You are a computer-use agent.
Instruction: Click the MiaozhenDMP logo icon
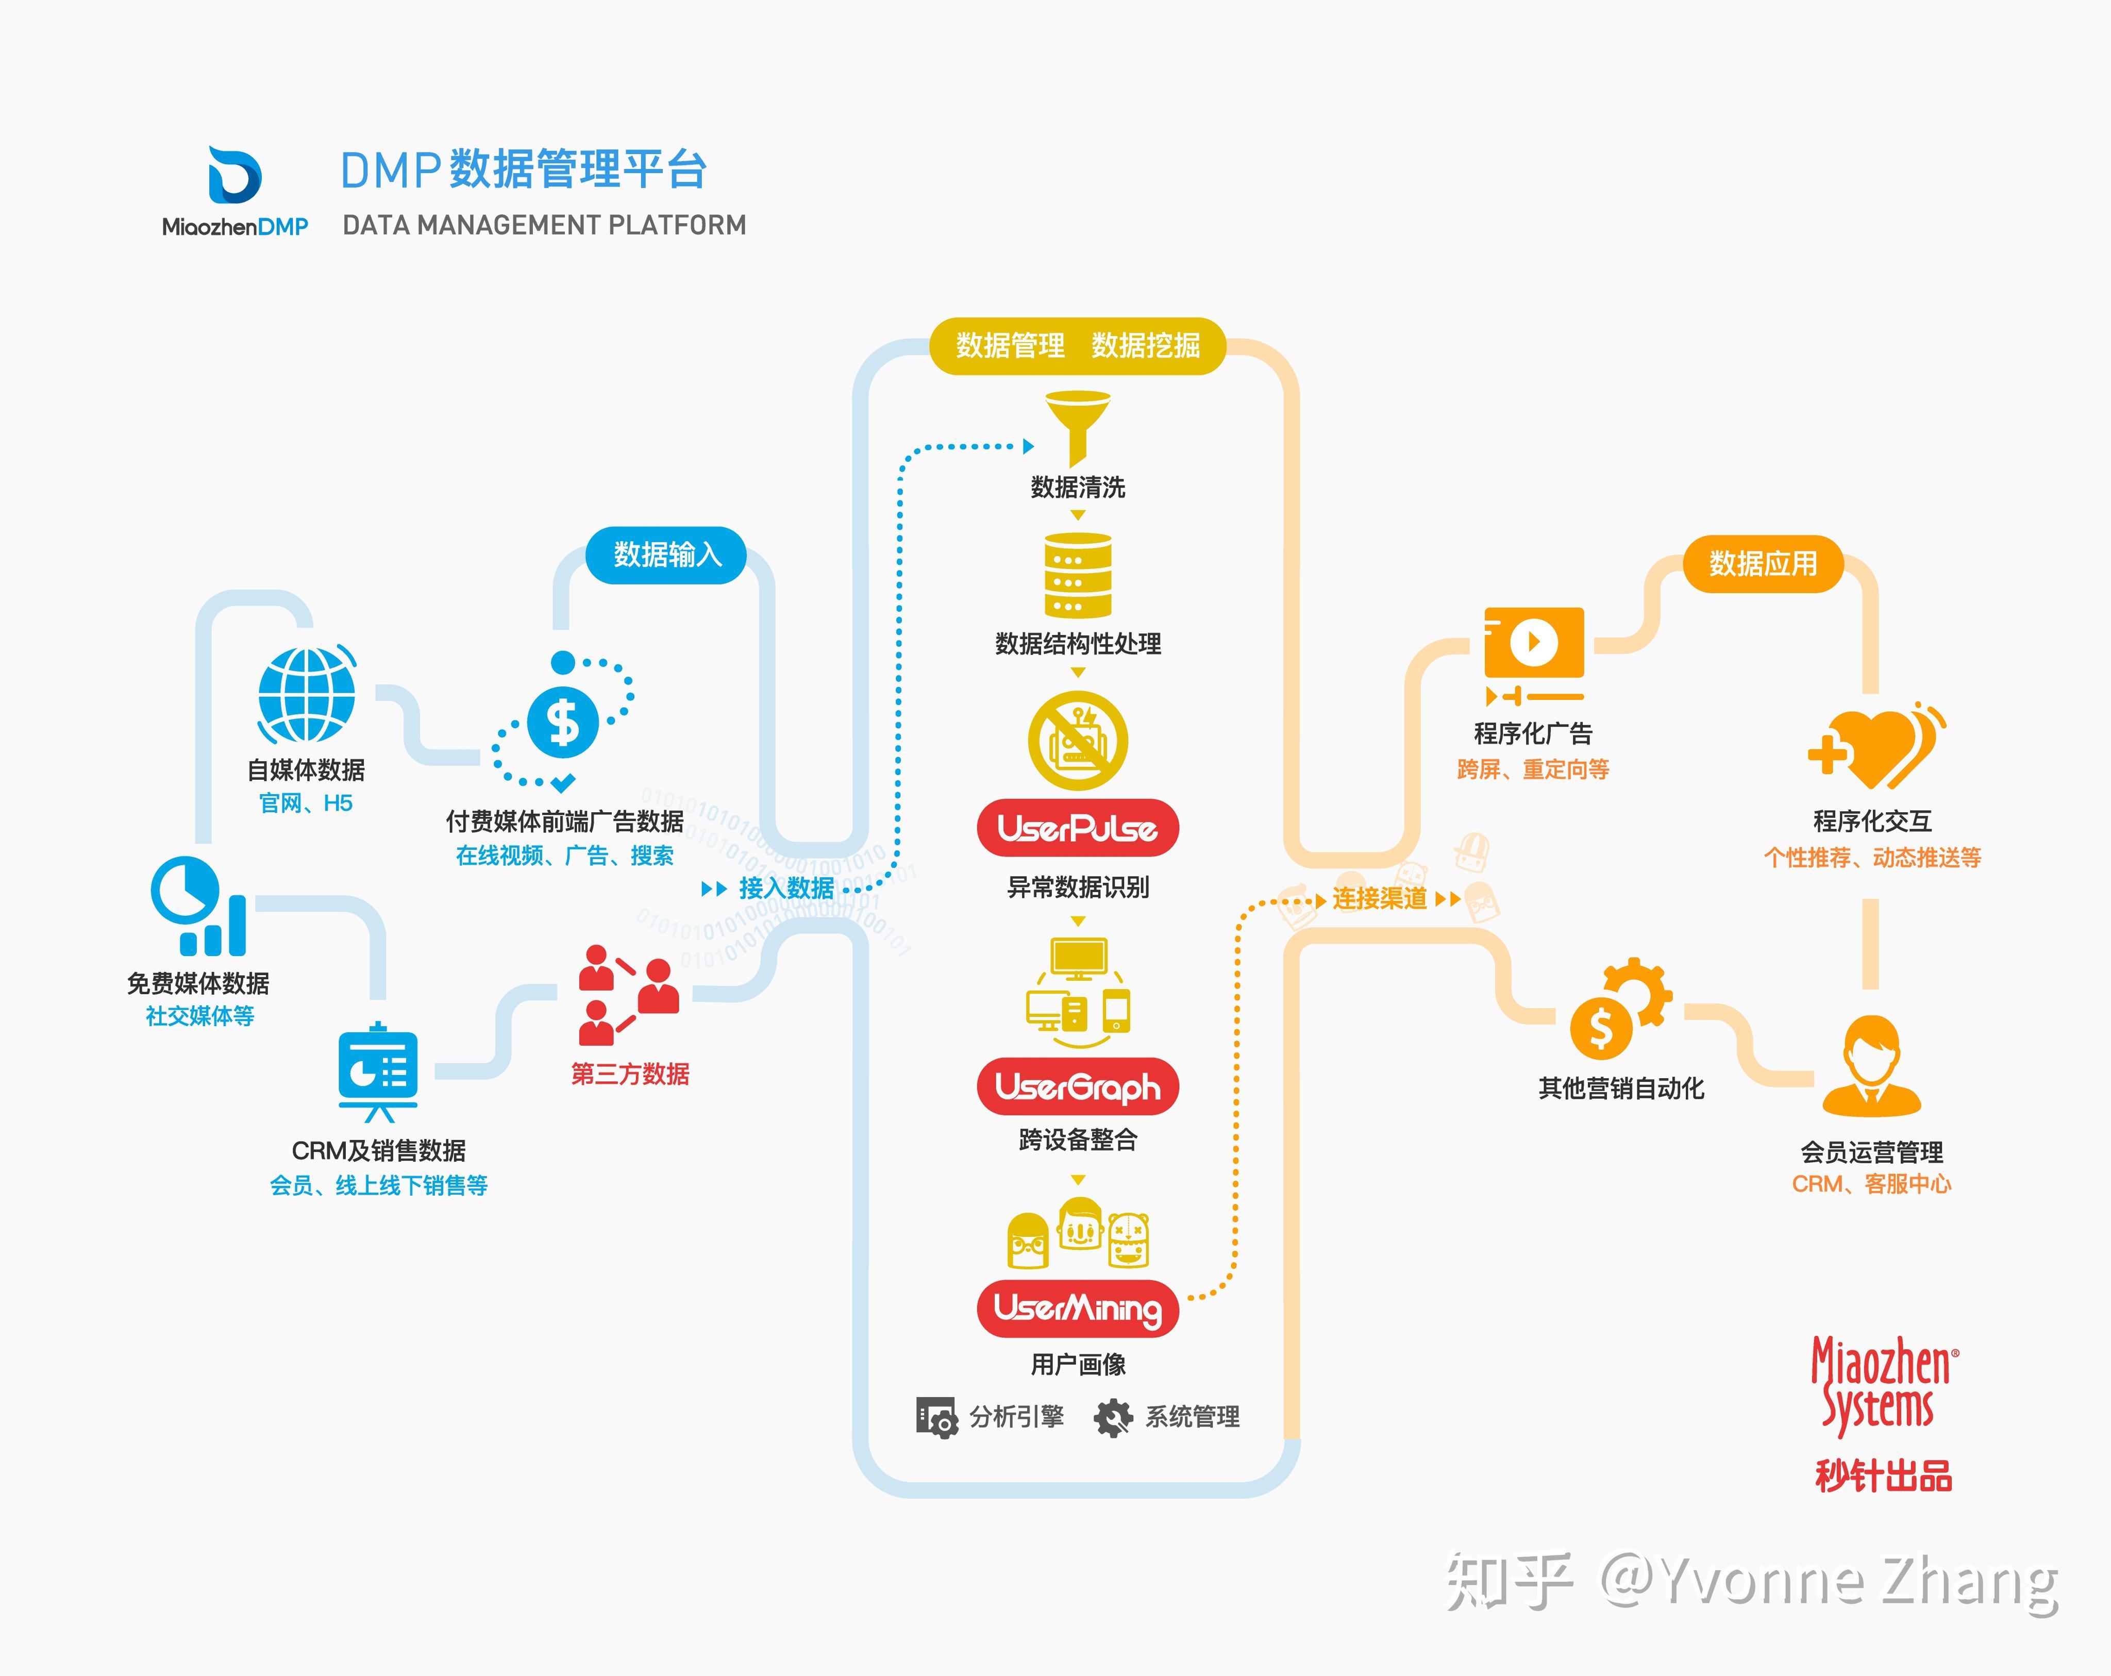(x=235, y=176)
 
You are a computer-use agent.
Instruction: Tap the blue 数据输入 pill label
(x=667, y=555)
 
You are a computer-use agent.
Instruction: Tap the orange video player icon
(x=1533, y=643)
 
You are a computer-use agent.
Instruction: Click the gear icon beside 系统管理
(x=1113, y=1417)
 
